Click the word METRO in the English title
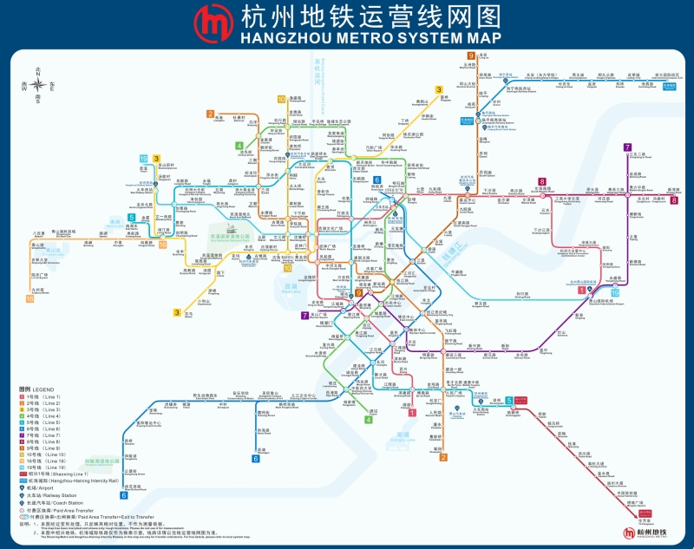coord(362,39)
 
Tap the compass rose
coord(38,84)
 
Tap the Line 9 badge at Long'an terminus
coord(471,56)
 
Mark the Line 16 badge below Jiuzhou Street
coord(30,298)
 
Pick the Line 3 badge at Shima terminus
coord(177,312)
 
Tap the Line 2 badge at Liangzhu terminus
coord(210,114)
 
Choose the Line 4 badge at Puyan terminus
coord(368,420)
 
